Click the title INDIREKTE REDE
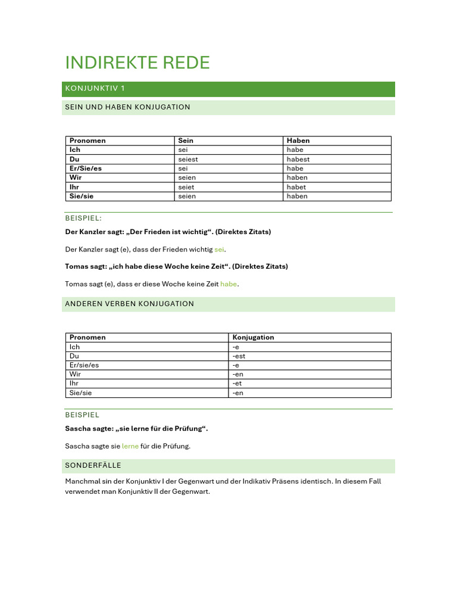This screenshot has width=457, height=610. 137,63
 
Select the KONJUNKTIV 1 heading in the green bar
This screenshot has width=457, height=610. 94,89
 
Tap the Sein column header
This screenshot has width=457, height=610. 186,141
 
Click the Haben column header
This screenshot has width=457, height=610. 298,141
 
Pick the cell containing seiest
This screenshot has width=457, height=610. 188,159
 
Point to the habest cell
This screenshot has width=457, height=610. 298,159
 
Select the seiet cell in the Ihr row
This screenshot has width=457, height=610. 186,187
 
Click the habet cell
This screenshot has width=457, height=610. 296,187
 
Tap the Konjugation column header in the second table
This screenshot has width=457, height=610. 253,337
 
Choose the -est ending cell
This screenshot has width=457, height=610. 239,356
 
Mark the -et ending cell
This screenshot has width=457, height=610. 237,384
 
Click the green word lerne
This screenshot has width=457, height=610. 130,446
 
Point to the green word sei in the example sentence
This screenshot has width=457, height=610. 220,249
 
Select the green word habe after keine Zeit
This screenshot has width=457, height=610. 228,284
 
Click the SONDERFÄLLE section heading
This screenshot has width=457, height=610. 93,465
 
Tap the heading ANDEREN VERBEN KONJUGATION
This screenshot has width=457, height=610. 129,304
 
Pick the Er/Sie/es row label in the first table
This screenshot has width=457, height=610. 86,169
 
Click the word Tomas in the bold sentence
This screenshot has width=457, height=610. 76,266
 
